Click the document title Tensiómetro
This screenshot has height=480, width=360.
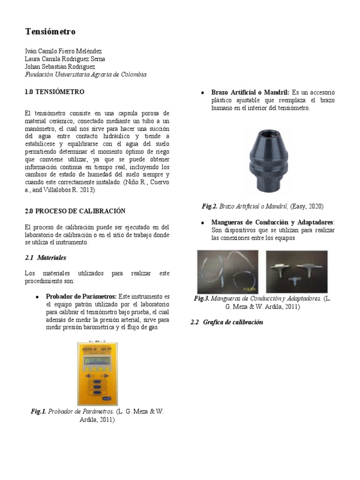coord(50,32)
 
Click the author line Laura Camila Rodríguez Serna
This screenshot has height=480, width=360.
coord(65,59)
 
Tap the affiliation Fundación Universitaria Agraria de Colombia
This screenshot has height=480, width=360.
coord(85,75)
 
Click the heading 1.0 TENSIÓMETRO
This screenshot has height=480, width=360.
coord(54,92)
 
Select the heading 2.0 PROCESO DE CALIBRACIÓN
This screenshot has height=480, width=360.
coord(75,211)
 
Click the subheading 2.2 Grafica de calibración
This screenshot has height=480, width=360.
coord(227,322)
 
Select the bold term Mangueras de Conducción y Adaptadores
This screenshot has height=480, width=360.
coord(273,222)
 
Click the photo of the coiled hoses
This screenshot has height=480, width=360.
coord(227,271)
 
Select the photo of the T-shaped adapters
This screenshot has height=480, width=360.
coord(297,271)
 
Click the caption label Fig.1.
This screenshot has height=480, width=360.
coord(38,412)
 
